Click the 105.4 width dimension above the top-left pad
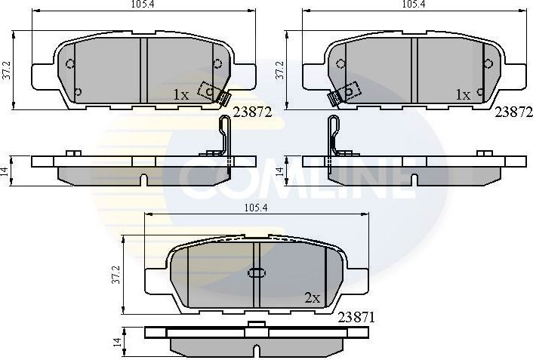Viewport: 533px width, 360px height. (137, 4)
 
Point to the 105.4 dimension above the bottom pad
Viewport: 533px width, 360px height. (255, 208)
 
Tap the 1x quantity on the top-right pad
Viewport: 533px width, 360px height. (463, 95)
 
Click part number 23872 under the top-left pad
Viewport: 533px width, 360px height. (252, 111)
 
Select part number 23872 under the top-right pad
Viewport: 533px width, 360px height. (513, 111)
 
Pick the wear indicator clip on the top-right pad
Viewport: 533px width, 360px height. (342, 94)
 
